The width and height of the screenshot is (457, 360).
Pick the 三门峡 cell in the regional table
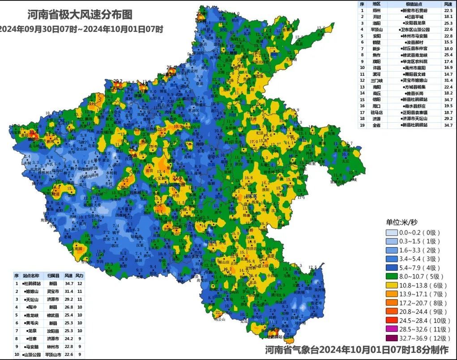pos(376,80)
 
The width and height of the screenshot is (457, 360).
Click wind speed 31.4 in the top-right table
pos(448,80)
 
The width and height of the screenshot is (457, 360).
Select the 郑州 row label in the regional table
pos(376,10)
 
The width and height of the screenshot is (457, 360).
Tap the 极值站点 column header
pos(413,4)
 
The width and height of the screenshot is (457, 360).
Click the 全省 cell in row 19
pos(376,125)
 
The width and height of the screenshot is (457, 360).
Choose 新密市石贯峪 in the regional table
pos(414,10)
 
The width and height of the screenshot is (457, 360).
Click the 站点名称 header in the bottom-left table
pos(32,276)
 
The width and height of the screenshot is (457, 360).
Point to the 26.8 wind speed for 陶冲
pos(68,307)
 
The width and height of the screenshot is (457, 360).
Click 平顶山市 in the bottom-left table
pos(53,354)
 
